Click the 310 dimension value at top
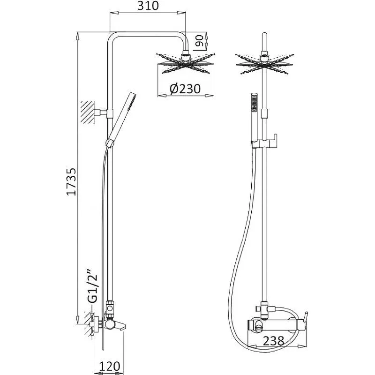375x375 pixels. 148,6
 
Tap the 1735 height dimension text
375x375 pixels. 71,182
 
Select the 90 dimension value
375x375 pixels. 199,41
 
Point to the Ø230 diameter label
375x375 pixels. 185,89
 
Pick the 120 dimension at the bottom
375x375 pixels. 109,366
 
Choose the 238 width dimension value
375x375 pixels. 273,341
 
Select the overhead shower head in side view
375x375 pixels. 186,63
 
